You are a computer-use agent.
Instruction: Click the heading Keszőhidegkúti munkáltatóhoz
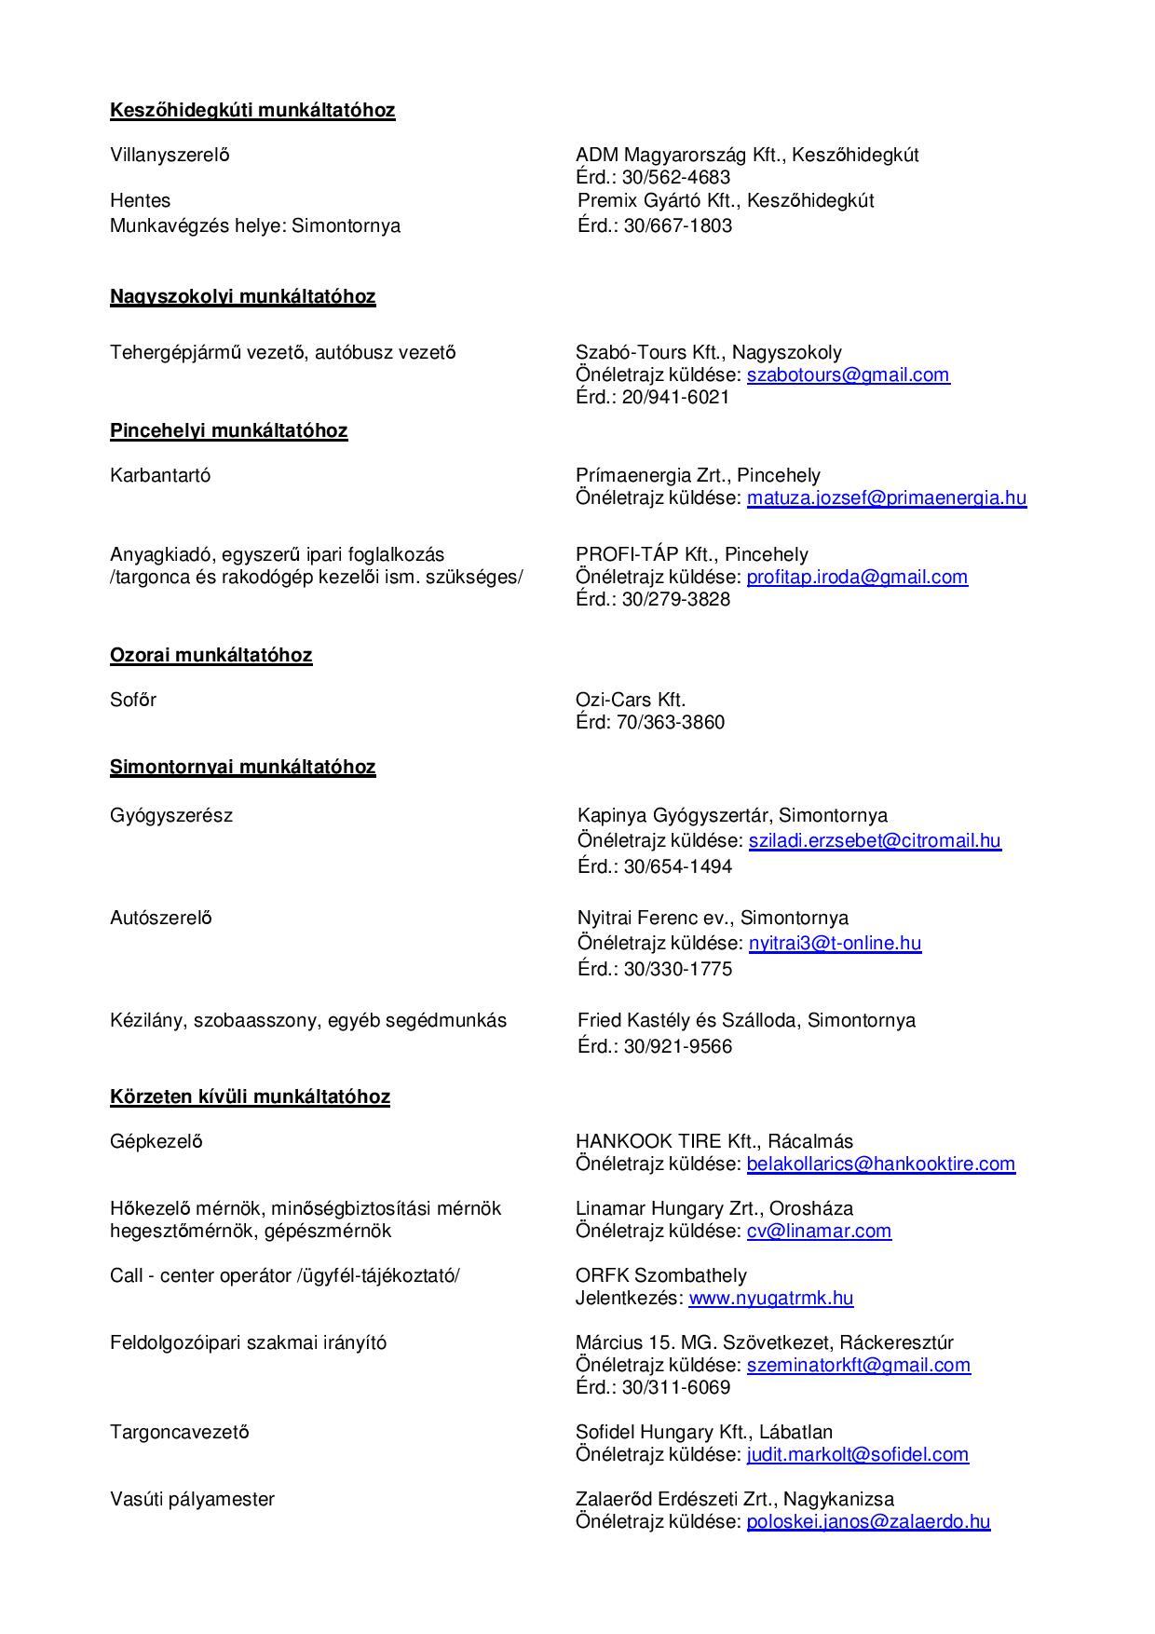click(252, 110)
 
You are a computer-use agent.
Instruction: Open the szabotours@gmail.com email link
click(848, 374)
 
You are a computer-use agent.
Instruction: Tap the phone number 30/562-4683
click(677, 177)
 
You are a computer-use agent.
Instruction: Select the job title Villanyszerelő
click(170, 155)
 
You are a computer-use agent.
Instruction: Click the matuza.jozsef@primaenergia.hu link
click(886, 497)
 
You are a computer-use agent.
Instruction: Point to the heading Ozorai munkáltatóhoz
click(211, 655)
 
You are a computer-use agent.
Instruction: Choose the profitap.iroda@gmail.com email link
click(857, 577)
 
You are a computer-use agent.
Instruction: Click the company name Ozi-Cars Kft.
click(631, 700)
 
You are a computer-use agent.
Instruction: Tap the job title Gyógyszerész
click(171, 815)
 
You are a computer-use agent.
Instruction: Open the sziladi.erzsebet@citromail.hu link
click(875, 840)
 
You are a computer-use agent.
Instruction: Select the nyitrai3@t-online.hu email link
click(835, 943)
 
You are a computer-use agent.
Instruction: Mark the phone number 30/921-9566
click(678, 1046)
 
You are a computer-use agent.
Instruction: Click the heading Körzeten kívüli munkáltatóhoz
click(250, 1096)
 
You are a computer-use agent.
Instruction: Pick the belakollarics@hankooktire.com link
click(880, 1164)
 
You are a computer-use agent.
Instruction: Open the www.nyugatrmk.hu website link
click(770, 1298)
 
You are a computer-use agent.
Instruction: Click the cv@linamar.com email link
click(819, 1231)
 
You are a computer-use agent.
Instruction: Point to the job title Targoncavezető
click(179, 1432)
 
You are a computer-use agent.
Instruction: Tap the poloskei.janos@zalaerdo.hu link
click(868, 1521)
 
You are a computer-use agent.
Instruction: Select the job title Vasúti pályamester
click(192, 1499)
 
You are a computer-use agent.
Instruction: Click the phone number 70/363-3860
click(670, 722)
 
